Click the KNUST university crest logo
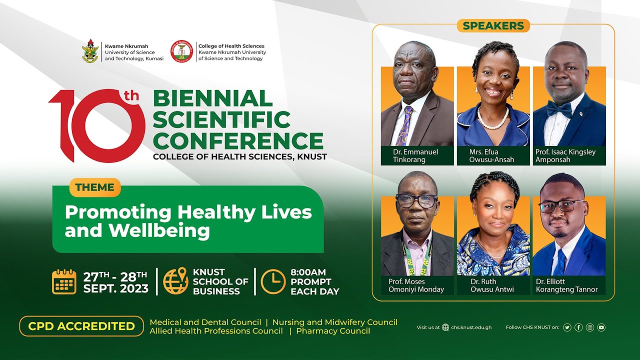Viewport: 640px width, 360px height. click(x=90, y=51)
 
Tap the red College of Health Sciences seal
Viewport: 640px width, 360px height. click(x=181, y=51)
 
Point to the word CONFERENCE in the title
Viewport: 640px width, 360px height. click(x=238, y=140)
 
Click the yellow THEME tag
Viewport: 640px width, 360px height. click(x=95, y=187)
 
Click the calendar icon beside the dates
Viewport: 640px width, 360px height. click(x=64, y=281)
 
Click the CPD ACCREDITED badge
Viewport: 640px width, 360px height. click(x=81, y=326)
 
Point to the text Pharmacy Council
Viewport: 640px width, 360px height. click(x=333, y=331)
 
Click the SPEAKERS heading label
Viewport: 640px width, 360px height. click(x=493, y=25)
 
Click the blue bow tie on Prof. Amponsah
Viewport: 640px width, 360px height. click(x=558, y=108)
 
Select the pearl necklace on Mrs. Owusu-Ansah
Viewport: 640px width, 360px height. click(x=493, y=119)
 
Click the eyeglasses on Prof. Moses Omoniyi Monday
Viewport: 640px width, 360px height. click(x=417, y=201)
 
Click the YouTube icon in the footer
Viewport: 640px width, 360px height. click(x=601, y=327)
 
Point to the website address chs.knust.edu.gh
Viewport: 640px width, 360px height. click(x=471, y=327)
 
